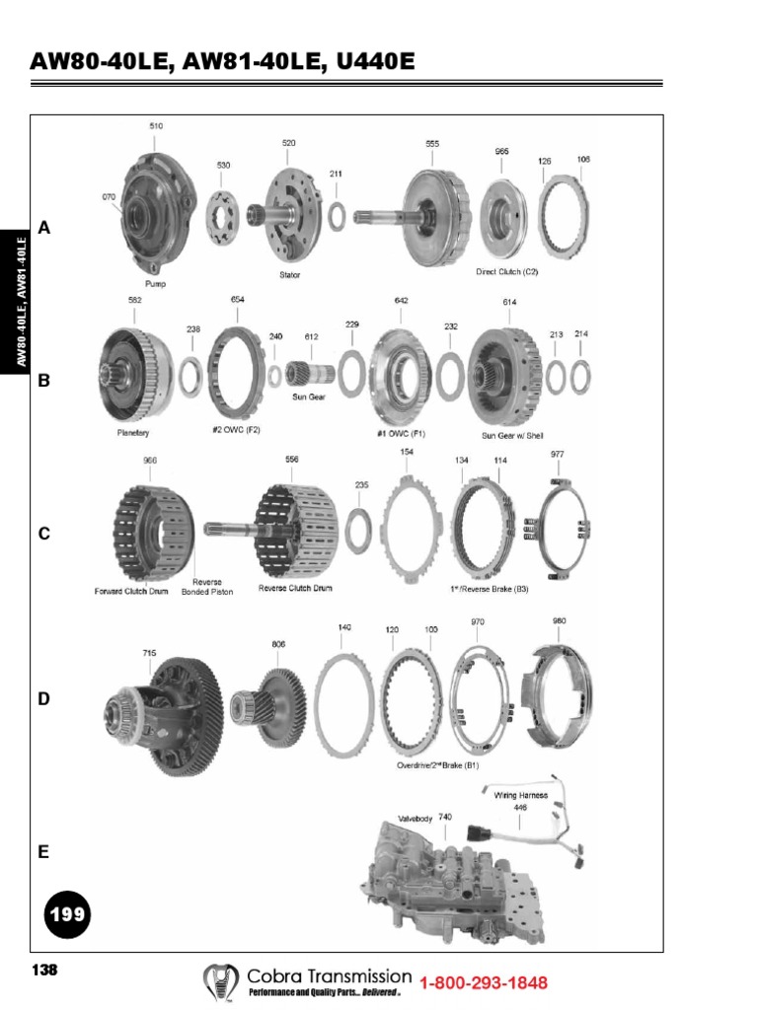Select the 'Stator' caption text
coord(286,275)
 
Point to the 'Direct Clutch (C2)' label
coord(507,271)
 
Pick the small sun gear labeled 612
coord(308,374)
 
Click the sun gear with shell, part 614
coord(503,374)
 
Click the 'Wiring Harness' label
coord(521,793)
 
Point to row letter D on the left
coord(43,699)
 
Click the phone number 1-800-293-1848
coord(484,983)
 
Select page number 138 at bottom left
coord(44,971)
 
